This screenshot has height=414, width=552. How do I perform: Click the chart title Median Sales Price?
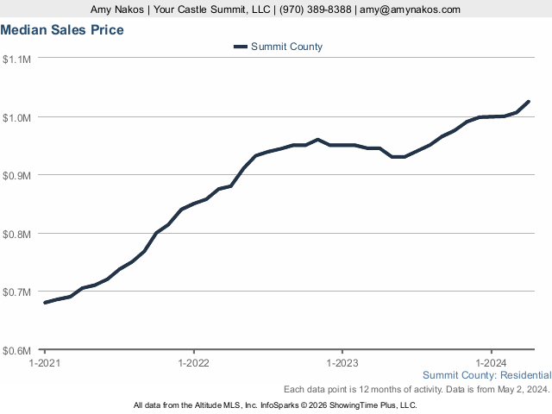click(x=62, y=30)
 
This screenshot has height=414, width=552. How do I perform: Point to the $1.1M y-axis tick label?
click(x=17, y=59)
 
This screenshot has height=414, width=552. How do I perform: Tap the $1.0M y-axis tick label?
click(x=17, y=117)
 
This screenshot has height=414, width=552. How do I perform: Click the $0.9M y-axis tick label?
click(x=17, y=175)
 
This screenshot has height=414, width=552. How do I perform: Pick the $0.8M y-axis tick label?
click(x=17, y=234)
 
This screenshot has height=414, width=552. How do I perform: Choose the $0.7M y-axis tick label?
click(x=17, y=292)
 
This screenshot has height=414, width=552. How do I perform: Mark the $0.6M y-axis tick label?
click(x=17, y=351)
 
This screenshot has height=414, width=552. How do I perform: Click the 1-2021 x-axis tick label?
click(x=45, y=364)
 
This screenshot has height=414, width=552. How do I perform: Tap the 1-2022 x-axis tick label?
click(x=193, y=364)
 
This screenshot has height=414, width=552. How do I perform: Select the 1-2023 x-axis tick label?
click(x=342, y=364)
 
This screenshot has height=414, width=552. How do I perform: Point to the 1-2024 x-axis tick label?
click(x=491, y=364)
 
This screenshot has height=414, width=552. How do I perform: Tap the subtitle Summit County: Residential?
click(x=486, y=375)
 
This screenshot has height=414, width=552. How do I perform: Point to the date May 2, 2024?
click(x=523, y=389)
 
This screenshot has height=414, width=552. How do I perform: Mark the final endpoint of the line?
click(x=528, y=102)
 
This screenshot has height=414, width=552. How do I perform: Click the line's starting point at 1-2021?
click(x=45, y=303)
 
